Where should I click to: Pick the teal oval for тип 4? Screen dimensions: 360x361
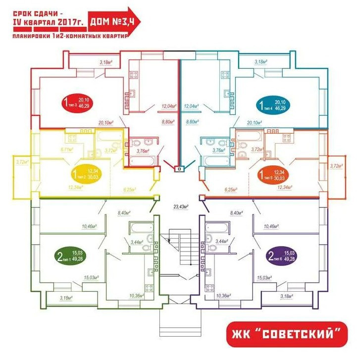275,104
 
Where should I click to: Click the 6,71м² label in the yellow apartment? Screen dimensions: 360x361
67,149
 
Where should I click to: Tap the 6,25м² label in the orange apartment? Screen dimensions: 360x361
231,189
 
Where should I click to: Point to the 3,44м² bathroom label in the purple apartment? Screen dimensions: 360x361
220,241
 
